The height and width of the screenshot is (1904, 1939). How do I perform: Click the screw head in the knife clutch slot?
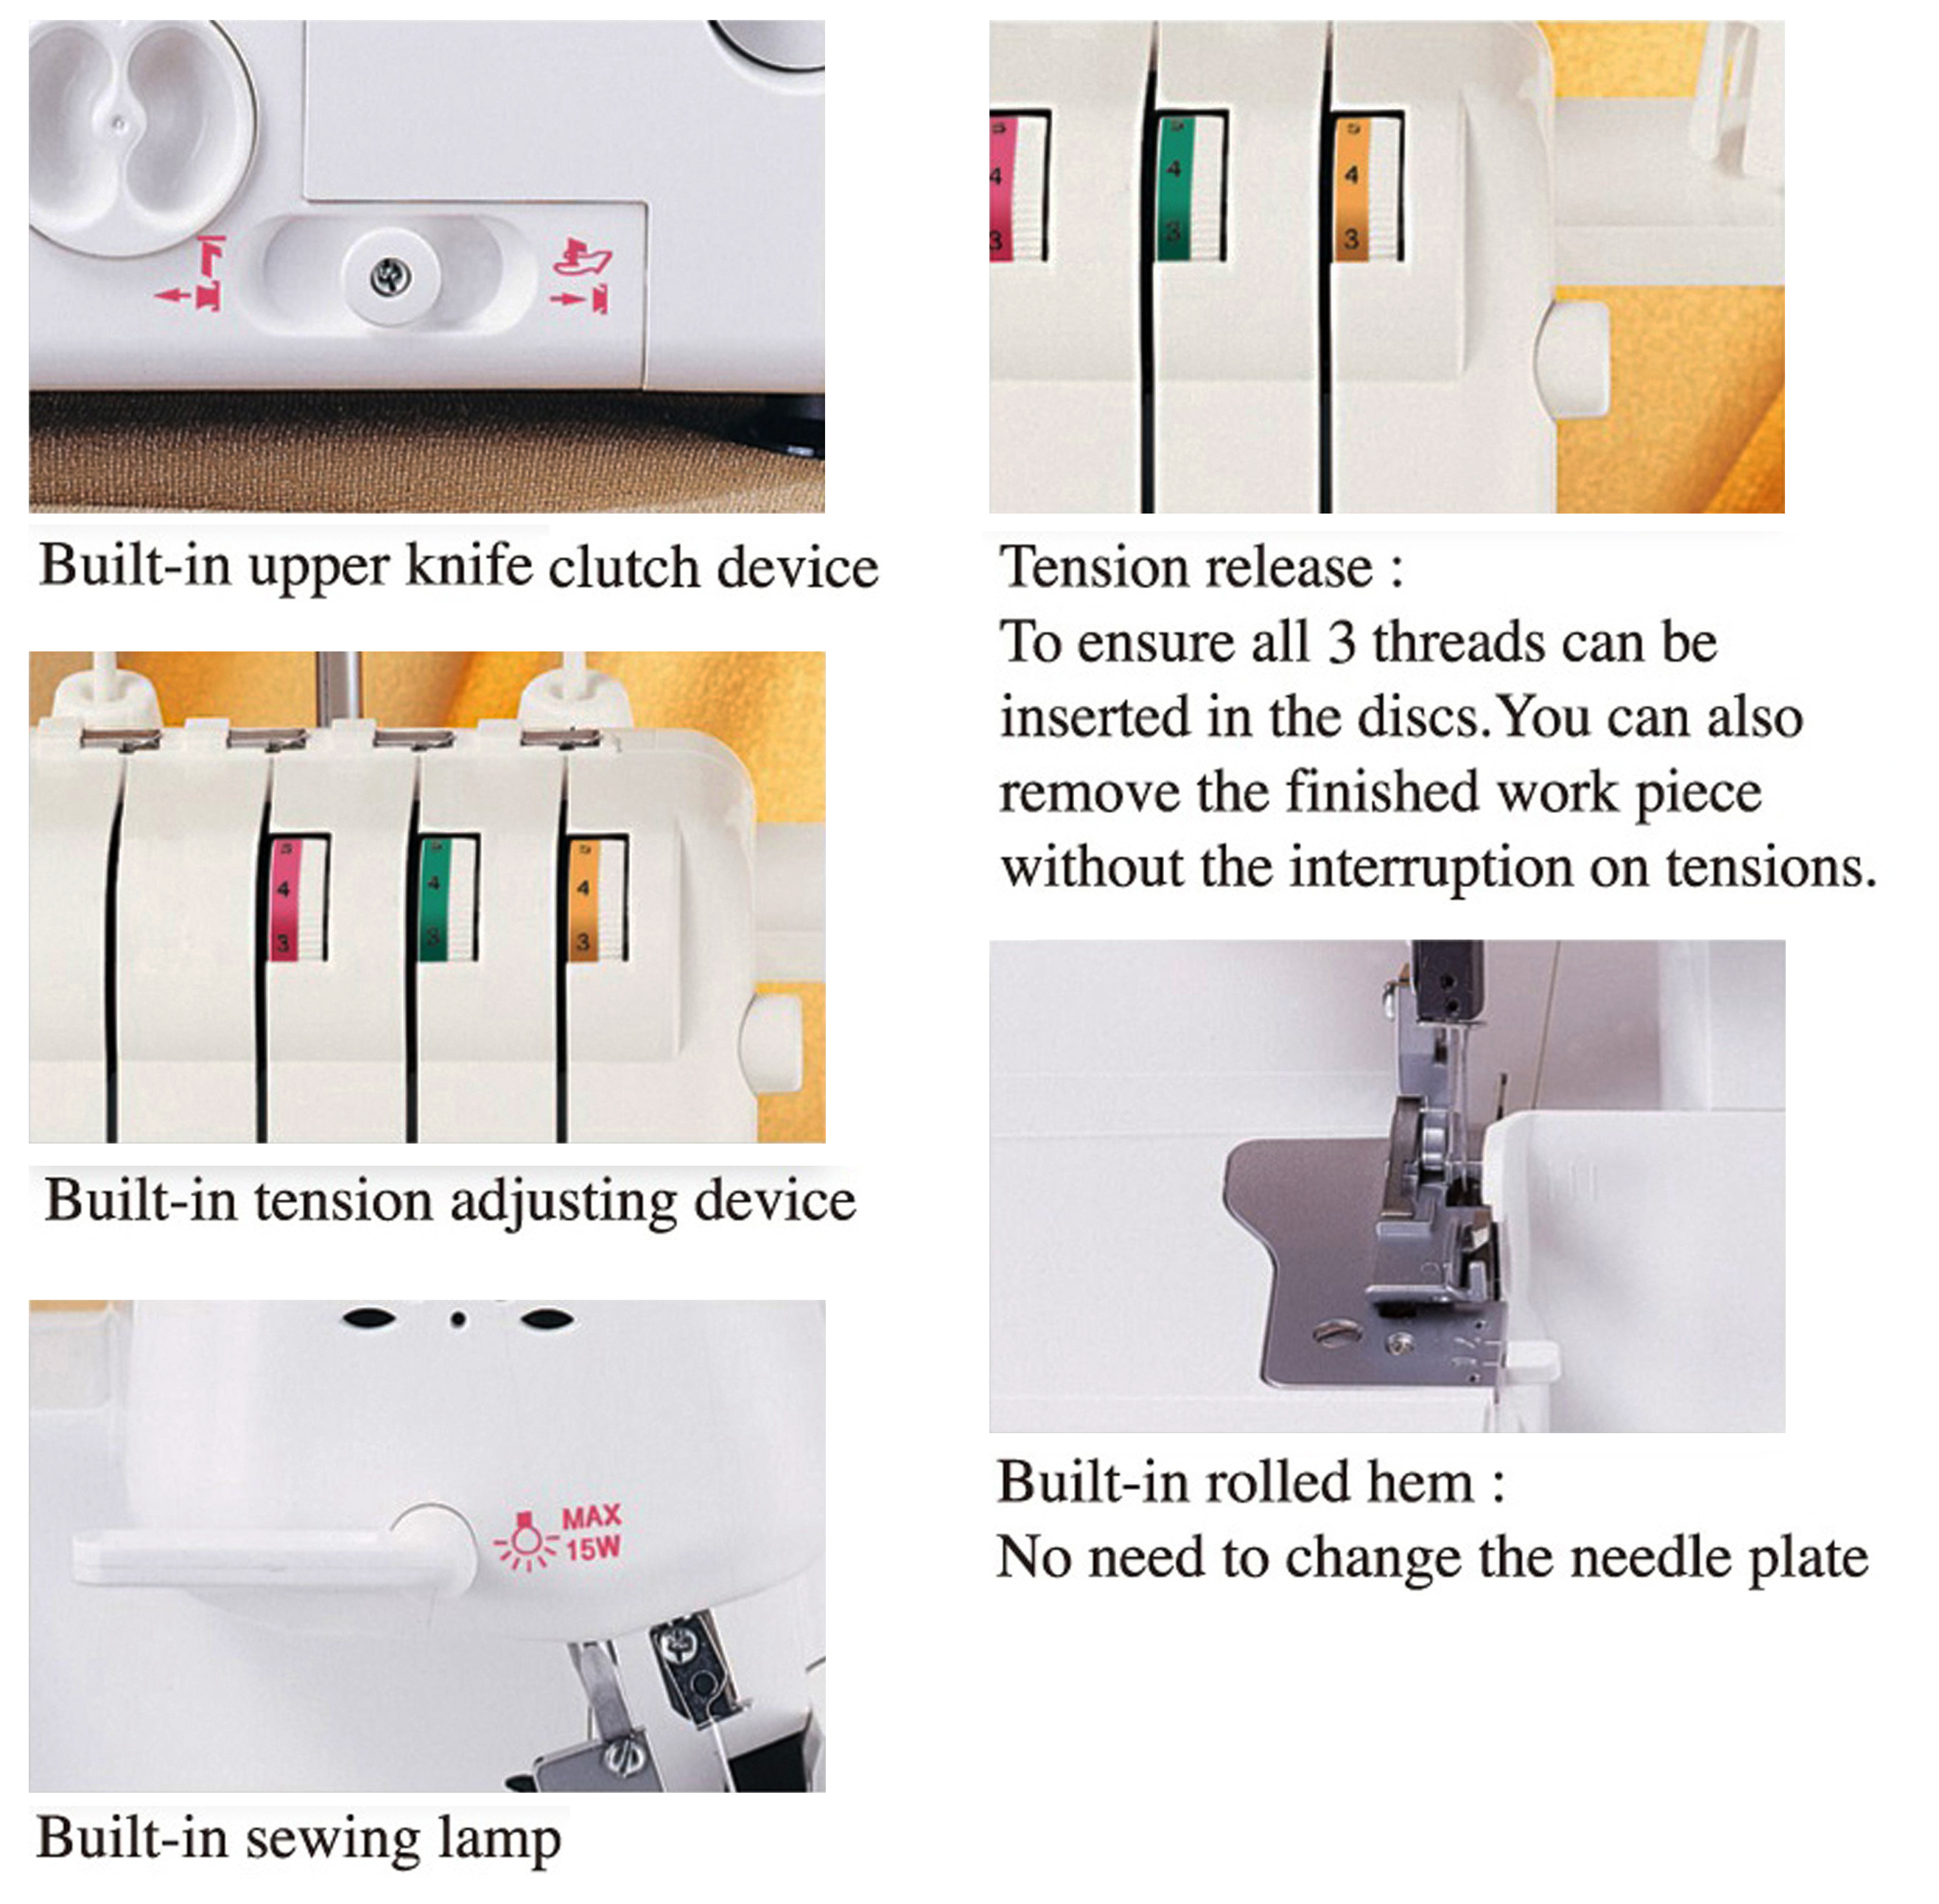point(390,276)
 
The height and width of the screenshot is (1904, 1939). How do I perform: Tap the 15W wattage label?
point(594,1549)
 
